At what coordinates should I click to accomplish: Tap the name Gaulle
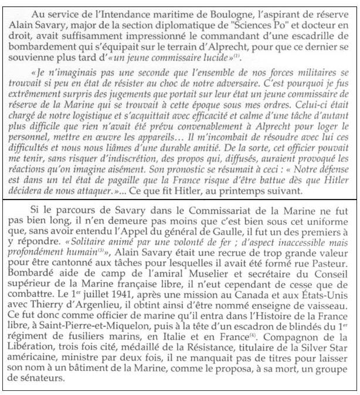point(219,223)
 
